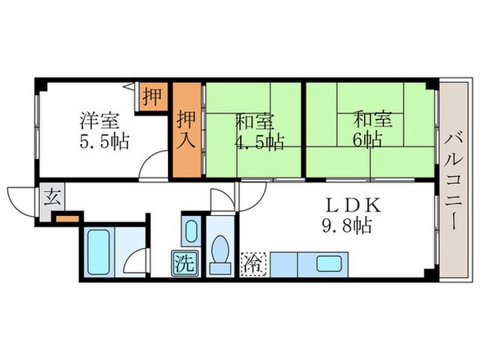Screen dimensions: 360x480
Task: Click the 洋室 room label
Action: coord(99,122)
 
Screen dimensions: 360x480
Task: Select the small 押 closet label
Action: coord(150,97)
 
